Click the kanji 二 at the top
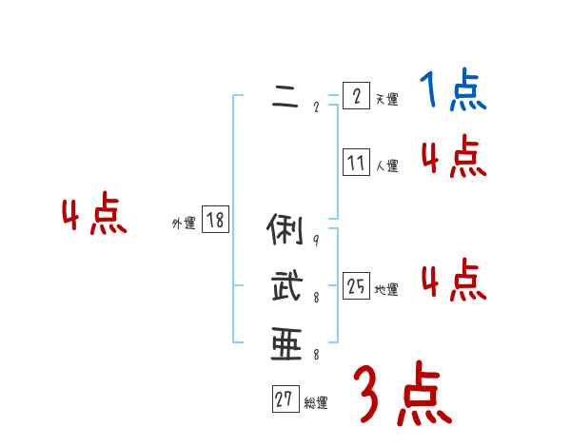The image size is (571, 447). pyautogui.click(x=285, y=97)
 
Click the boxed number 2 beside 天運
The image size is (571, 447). pyautogui.click(x=355, y=96)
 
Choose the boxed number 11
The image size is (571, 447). pyautogui.click(x=356, y=163)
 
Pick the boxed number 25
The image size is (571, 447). pyautogui.click(x=356, y=286)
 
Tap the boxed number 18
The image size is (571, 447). pyautogui.click(x=215, y=221)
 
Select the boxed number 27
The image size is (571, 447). pyautogui.click(x=285, y=400)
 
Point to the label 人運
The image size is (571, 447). pyautogui.click(x=386, y=166)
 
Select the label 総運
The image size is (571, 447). pyautogui.click(x=316, y=404)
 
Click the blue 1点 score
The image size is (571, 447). pyautogui.click(x=451, y=90)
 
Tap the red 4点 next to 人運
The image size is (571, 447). pyautogui.click(x=453, y=157)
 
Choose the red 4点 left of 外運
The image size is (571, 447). pyautogui.click(x=94, y=215)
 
